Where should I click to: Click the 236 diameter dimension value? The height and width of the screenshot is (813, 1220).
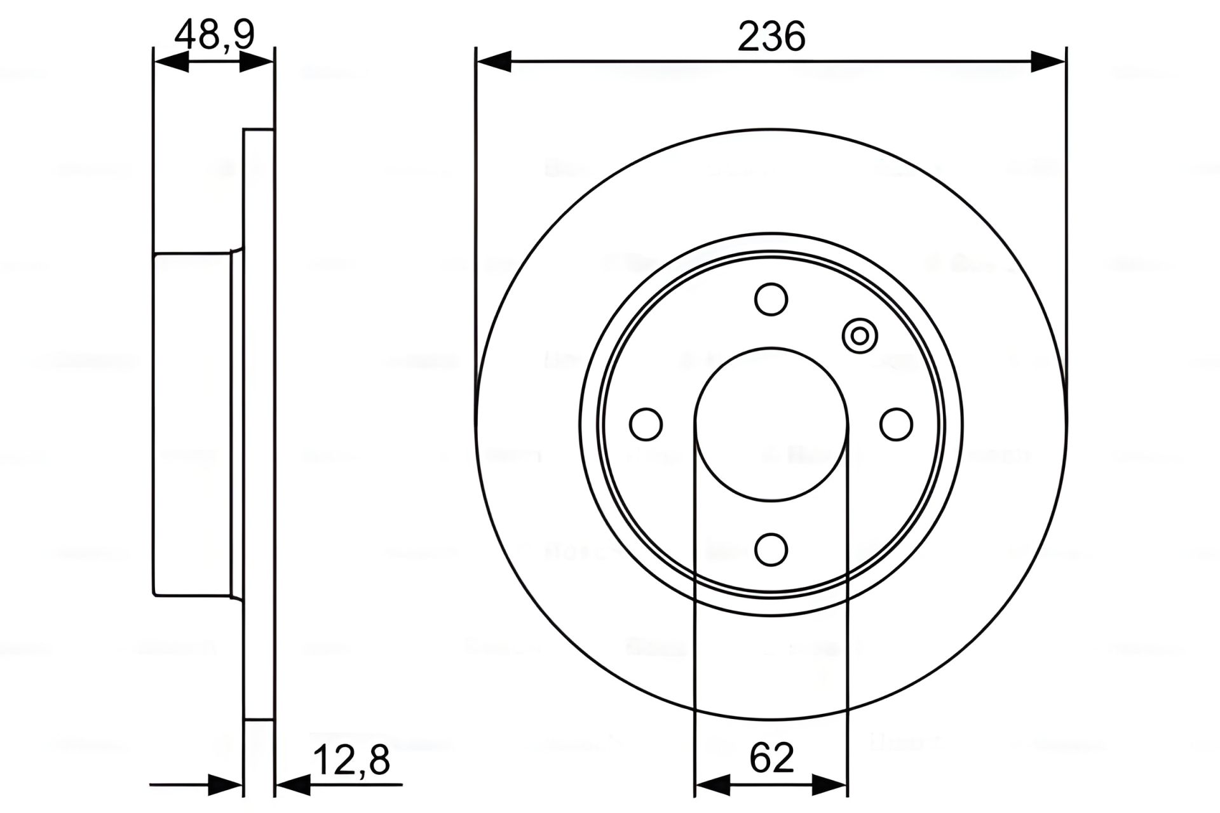coord(771,36)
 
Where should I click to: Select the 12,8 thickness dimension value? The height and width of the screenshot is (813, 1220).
coord(351,760)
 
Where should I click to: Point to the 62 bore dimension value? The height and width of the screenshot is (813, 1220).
coord(771,758)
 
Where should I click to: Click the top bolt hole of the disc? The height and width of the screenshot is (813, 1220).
coord(771,299)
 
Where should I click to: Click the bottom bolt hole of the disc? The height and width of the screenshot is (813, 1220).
coord(771,549)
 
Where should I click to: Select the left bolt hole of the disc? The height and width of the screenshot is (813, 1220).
coord(646,424)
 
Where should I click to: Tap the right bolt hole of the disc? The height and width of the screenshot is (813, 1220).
coord(897,424)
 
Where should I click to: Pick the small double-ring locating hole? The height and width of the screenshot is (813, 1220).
coord(860,335)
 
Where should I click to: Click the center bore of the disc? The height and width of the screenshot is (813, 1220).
coord(771,424)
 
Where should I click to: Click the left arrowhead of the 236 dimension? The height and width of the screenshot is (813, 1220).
coord(494,62)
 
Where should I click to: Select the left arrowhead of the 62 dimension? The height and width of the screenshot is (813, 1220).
coord(713,786)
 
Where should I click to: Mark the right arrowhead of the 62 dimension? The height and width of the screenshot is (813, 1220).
coord(830,786)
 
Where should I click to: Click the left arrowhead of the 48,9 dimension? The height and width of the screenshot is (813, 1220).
coord(172,62)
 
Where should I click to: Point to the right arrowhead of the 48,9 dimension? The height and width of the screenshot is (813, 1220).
coord(257,62)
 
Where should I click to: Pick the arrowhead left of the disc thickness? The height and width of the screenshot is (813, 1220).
coord(226,786)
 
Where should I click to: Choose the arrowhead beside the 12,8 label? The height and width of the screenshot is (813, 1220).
coord(293,786)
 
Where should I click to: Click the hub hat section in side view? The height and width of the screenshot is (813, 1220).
coord(192,424)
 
